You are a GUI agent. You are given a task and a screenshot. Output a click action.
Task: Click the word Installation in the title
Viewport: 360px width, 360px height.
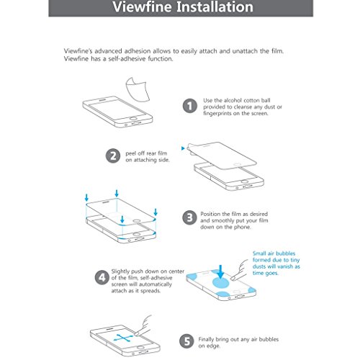click(x=215, y=6)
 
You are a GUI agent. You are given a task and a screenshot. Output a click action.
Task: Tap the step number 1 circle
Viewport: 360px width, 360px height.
click(x=190, y=106)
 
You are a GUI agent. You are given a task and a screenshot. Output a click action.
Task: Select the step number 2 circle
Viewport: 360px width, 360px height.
click(x=113, y=156)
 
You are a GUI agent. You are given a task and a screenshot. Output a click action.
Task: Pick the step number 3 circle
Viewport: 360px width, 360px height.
click(x=189, y=217)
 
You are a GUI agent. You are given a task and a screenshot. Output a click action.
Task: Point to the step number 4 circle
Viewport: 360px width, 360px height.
click(x=102, y=278)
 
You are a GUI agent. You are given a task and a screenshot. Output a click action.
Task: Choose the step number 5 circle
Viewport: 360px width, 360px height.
click(x=186, y=341)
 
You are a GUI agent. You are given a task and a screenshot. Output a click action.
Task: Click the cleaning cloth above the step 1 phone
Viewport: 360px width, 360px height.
click(x=138, y=89)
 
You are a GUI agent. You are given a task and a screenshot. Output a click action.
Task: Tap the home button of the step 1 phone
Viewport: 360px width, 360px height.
click(x=133, y=118)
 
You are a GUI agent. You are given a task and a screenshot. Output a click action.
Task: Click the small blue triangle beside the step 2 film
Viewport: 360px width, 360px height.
click(x=183, y=148)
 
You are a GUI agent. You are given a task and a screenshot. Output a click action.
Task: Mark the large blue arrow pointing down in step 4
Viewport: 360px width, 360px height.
click(x=220, y=271)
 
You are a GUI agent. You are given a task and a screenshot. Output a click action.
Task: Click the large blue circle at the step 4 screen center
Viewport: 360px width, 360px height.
click(x=221, y=282)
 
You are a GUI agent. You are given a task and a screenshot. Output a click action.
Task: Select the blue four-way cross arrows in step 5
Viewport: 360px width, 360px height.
click(x=123, y=338)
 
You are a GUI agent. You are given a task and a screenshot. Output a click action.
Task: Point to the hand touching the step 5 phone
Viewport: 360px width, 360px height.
click(x=143, y=325)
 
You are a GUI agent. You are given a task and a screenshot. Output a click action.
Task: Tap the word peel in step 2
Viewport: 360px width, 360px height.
click(x=131, y=153)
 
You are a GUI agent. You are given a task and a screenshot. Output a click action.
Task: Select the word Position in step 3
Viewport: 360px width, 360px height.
click(x=210, y=214)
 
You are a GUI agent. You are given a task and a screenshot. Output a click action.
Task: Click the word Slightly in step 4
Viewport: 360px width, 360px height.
click(x=120, y=271)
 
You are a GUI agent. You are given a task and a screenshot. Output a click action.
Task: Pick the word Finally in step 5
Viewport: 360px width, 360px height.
click(x=206, y=339)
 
